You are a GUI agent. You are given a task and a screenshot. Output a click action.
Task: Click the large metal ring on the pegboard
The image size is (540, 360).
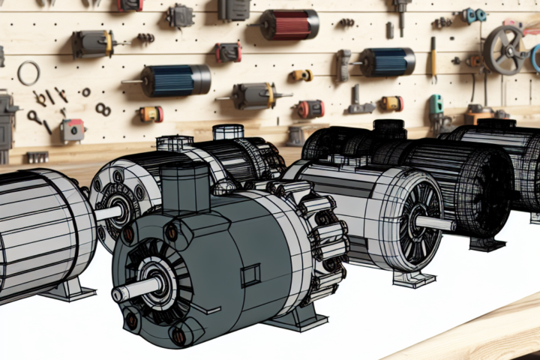click(28, 73)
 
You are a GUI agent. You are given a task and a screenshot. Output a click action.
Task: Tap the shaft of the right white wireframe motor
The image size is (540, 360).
click(435, 223)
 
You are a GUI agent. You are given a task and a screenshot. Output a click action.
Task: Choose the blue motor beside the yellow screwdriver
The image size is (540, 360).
click(387, 61)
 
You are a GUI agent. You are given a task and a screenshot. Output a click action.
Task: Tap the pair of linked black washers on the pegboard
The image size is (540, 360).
click(103, 109)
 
